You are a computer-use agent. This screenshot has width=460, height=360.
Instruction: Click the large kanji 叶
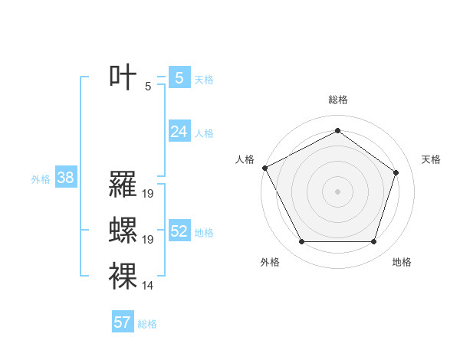123,77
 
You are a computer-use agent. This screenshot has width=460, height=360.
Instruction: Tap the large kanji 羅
123,184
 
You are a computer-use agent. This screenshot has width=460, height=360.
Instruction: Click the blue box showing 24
179,132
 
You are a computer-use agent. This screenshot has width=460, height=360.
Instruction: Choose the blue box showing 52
179,231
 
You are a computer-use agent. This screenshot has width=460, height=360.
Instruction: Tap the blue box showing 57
123,322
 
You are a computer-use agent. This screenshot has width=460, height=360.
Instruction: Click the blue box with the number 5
179,77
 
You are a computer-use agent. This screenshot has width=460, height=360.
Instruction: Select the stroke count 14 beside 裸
148,286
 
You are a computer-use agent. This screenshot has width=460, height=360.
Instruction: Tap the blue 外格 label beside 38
41,179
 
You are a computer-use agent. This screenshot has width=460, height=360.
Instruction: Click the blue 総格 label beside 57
147,324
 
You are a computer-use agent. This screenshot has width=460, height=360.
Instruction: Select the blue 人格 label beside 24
204,133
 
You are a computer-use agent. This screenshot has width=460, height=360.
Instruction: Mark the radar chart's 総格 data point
337,130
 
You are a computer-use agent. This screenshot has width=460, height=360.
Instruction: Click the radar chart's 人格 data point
264,168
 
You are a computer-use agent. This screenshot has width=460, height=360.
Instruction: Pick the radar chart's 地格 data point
373,242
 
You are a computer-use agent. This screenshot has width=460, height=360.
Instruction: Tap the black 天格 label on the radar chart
432,159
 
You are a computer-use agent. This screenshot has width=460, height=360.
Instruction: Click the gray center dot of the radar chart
337,191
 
